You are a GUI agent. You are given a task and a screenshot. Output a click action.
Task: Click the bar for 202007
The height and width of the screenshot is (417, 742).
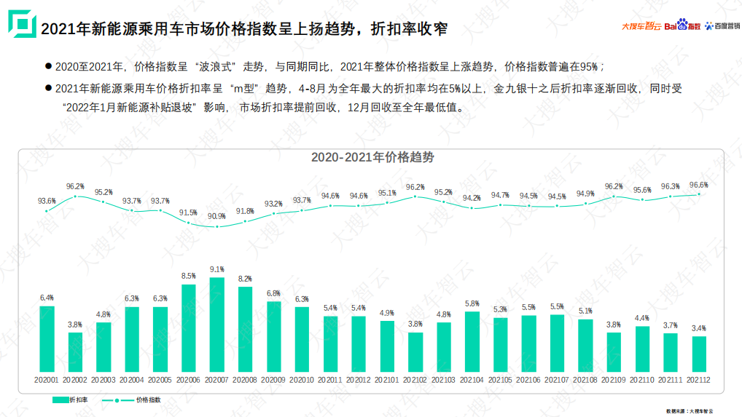coord(217,325)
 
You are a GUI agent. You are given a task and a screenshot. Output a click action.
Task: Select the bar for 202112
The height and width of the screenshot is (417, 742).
coord(699,354)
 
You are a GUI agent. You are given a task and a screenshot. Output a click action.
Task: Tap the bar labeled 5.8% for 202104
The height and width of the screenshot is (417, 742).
coord(472,341)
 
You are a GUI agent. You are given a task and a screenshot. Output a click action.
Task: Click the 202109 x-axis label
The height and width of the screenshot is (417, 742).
coord(614,380)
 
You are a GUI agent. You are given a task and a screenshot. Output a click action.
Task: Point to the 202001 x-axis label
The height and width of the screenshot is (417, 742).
coord(47,380)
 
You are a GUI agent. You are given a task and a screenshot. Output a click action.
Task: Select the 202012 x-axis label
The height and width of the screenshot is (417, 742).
coord(359,380)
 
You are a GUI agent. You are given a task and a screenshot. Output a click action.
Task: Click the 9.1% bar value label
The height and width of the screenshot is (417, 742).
coord(217,269)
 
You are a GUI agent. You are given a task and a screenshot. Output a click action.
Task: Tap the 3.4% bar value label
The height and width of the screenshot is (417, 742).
coord(699,328)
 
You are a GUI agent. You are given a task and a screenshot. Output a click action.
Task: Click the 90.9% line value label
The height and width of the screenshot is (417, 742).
coord(217,216)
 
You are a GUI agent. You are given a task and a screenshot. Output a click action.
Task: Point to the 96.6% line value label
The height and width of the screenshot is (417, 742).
coord(699,185)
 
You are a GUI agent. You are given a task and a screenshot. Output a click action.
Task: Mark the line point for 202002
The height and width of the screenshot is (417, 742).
coord(75,196)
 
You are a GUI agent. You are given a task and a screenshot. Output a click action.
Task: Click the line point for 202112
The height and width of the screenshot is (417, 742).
coord(699,194)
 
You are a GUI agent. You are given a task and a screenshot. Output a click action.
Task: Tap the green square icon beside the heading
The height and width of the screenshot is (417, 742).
coord(21,23)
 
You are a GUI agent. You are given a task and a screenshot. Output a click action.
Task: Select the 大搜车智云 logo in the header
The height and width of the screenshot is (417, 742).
coord(641,26)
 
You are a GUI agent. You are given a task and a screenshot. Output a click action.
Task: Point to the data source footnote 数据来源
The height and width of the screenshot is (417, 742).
coord(690,412)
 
